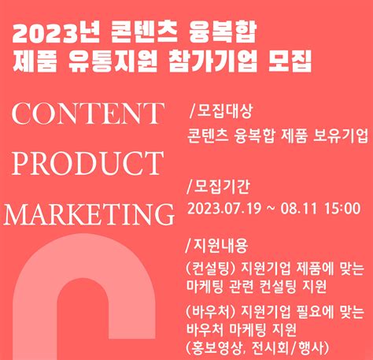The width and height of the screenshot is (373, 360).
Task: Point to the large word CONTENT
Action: (87, 114)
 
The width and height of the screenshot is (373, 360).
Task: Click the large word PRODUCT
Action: (87, 163)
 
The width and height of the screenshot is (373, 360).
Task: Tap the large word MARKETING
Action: (88, 213)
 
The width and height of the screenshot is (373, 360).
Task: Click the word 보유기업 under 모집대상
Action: (341, 135)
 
